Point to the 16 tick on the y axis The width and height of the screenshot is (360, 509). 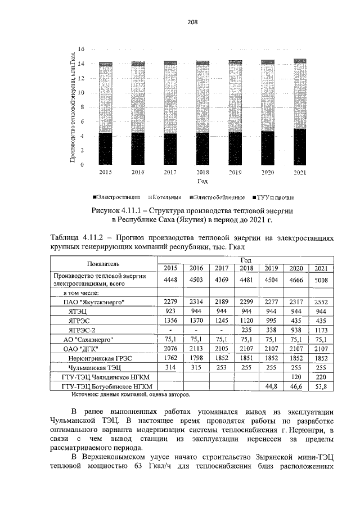[81, 49]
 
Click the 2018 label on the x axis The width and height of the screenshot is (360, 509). [202, 172]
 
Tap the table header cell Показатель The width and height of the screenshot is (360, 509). [103, 263]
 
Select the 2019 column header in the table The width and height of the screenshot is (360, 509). [271, 268]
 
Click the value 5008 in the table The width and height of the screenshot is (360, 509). [320, 280]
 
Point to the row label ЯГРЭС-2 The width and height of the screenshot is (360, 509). [82, 330]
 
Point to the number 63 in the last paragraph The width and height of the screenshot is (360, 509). [134, 472]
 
